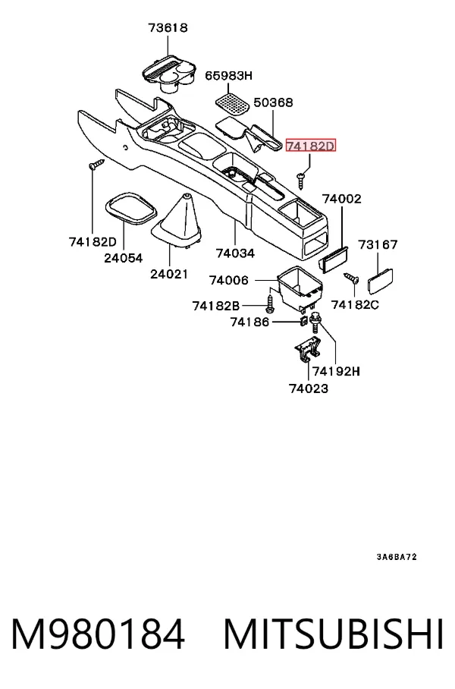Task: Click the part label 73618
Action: tap(168, 28)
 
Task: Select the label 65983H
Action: tap(229, 76)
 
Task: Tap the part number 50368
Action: tap(273, 102)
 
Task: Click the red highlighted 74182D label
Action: tap(310, 146)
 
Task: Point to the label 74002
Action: tap(342, 199)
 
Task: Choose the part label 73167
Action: tap(378, 244)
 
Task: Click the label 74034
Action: tap(235, 253)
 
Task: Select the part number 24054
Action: tap(124, 258)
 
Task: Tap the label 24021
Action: tap(169, 274)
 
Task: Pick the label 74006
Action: tap(229, 280)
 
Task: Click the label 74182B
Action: tap(216, 305)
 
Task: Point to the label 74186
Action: tap(249, 322)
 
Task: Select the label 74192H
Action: tap(337, 371)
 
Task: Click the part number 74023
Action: tap(309, 389)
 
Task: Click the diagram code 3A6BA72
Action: tap(397, 557)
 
